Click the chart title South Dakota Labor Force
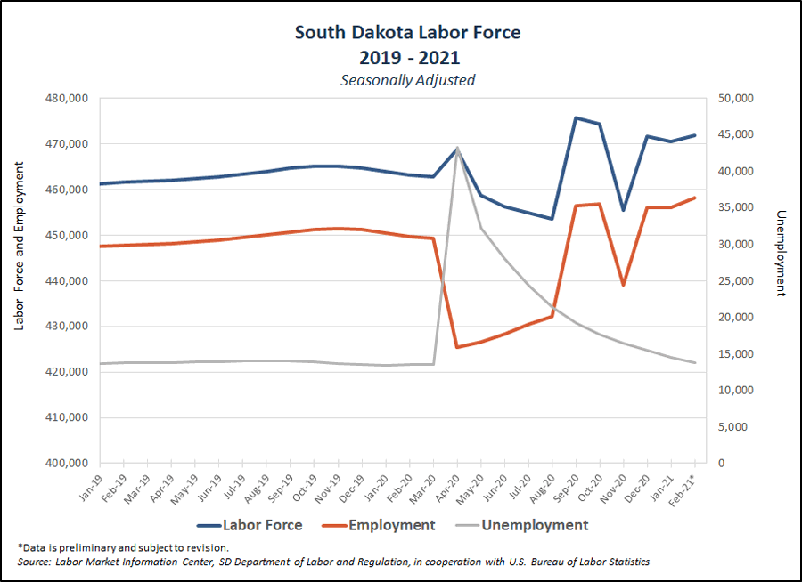click(x=407, y=33)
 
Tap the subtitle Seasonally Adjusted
click(x=407, y=79)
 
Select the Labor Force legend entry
click(x=249, y=525)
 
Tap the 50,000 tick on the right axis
click(x=734, y=98)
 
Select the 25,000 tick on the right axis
click(x=734, y=280)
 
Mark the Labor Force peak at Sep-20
click(x=576, y=117)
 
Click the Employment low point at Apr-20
click(x=457, y=347)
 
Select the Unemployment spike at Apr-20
click(x=457, y=148)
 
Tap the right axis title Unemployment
click(x=782, y=254)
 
